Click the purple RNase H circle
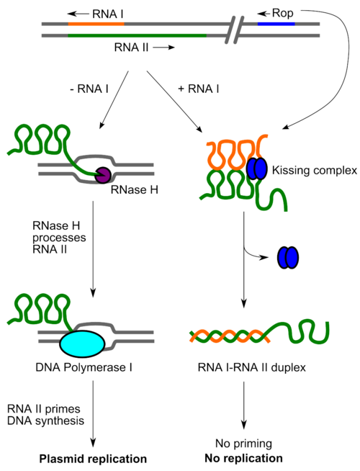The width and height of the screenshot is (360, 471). tap(103, 175)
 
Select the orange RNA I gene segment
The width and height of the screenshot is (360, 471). tap(96, 24)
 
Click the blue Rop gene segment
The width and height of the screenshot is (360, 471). tap(276, 24)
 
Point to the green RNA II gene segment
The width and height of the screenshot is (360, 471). tap(138, 35)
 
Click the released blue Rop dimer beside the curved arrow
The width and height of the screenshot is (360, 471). tap(288, 257)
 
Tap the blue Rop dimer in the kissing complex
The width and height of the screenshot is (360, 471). tap(257, 169)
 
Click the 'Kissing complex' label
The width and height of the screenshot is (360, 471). tap(315, 170)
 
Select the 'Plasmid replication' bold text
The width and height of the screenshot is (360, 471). tap(93, 459)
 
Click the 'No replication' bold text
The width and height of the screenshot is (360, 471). tap(243, 458)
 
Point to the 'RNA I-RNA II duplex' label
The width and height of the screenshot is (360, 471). tap(251, 367)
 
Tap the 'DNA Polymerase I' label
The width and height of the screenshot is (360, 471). tap(84, 367)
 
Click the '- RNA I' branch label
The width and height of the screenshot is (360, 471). tap(89, 89)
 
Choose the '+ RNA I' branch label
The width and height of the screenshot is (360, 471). tap(199, 89)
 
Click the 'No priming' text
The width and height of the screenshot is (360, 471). tap(243, 444)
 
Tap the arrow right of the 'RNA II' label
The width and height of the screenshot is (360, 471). tap(163, 48)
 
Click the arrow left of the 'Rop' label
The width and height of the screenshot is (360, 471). tap(264, 14)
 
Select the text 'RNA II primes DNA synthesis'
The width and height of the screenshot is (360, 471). tap(45, 415)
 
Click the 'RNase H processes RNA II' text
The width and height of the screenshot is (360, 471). tap(59, 238)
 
